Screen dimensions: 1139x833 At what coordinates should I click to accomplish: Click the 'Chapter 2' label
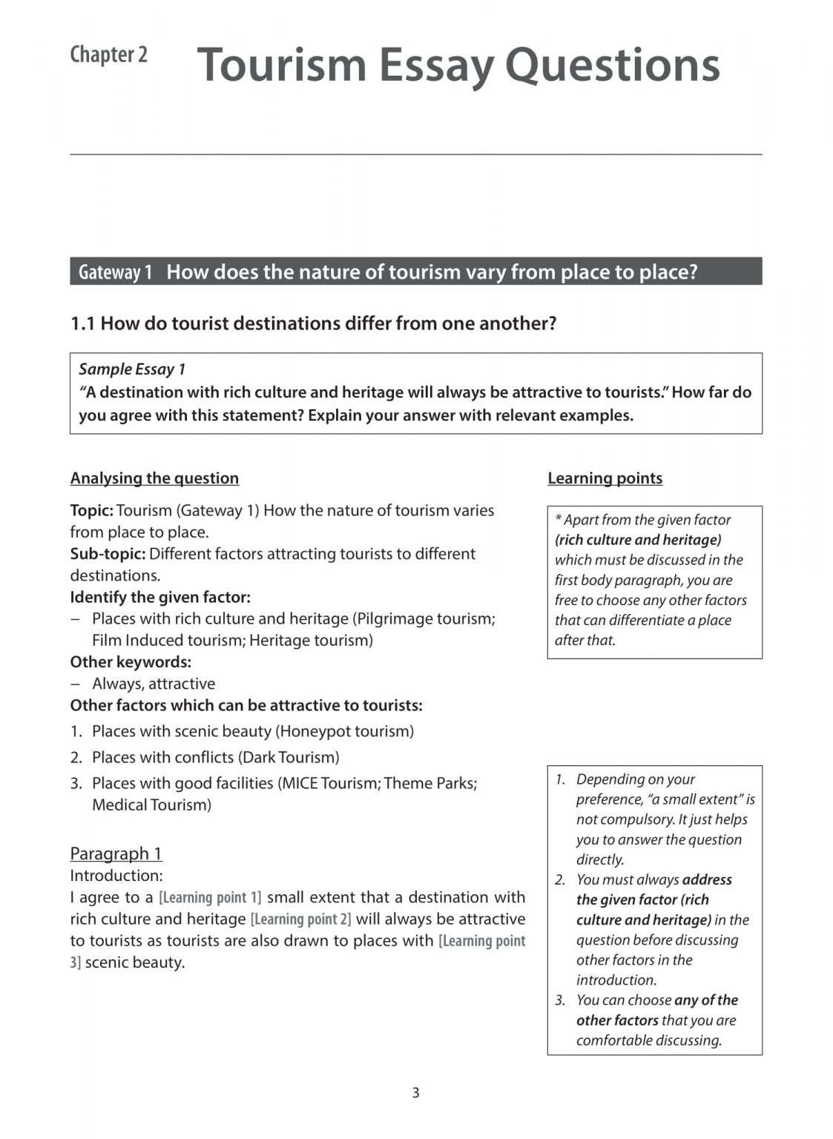[x=108, y=55]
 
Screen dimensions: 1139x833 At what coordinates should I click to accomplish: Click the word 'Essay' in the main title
[x=436, y=65]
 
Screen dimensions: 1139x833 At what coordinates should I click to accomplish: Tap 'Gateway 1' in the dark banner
[x=115, y=272]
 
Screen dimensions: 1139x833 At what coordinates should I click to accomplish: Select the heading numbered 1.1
[x=313, y=323]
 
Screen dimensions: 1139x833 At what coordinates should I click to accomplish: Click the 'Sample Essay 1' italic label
[x=132, y=369]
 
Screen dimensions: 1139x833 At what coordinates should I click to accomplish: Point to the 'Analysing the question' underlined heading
[x=154, y=478]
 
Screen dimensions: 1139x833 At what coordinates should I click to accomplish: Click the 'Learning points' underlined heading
[x=605, y=478]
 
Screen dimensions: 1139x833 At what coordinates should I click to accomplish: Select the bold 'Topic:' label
[x=91, y=511]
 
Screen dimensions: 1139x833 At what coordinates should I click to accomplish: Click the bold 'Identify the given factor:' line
[x=160, y=597]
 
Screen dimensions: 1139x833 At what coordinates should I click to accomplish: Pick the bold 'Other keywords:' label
[x=131, y=662]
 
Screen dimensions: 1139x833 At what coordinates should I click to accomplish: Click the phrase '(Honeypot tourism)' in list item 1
[x=344, y=731]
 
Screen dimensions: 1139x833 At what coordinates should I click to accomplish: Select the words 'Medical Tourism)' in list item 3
[x=151, y=805]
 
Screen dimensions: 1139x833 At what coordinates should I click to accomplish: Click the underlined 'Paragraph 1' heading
[x=116, y=854]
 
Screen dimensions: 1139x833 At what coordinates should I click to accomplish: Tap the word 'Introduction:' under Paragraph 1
[x=116, y=876]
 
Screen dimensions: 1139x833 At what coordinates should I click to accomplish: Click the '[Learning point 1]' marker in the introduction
[x=210, y=897]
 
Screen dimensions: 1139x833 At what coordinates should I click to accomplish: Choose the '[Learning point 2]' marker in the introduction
[x=300, y=920]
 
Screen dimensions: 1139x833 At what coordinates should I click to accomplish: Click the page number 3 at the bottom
[x=415, y=1092]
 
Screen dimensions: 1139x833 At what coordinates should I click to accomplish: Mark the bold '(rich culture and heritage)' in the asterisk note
[x=638, y=540]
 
